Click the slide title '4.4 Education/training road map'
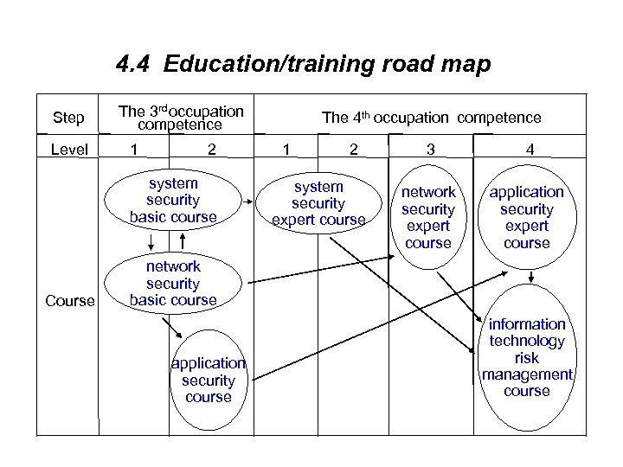[x=303, y=65]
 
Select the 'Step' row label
[x=68, y=118]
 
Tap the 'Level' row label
[x=69, y=150]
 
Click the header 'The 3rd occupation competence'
[x=181, y=118]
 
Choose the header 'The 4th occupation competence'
[x=431, y=118]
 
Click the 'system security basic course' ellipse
[x=173, y=200]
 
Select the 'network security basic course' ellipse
[x=173, y=283]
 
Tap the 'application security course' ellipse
[x=209, y=380]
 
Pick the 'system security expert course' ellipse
[x=318, y=203]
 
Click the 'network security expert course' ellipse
[x=428, y=217]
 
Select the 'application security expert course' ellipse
[x=526, y=217]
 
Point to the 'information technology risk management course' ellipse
[x=526, y=357]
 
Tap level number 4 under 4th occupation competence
[x=530, y=150]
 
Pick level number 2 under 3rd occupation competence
[x=211, y=150]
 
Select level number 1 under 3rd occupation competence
[x=132, y=150]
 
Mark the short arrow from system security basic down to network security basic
[x=150, y=241]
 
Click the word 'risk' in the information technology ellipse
[x=526, y=357]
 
